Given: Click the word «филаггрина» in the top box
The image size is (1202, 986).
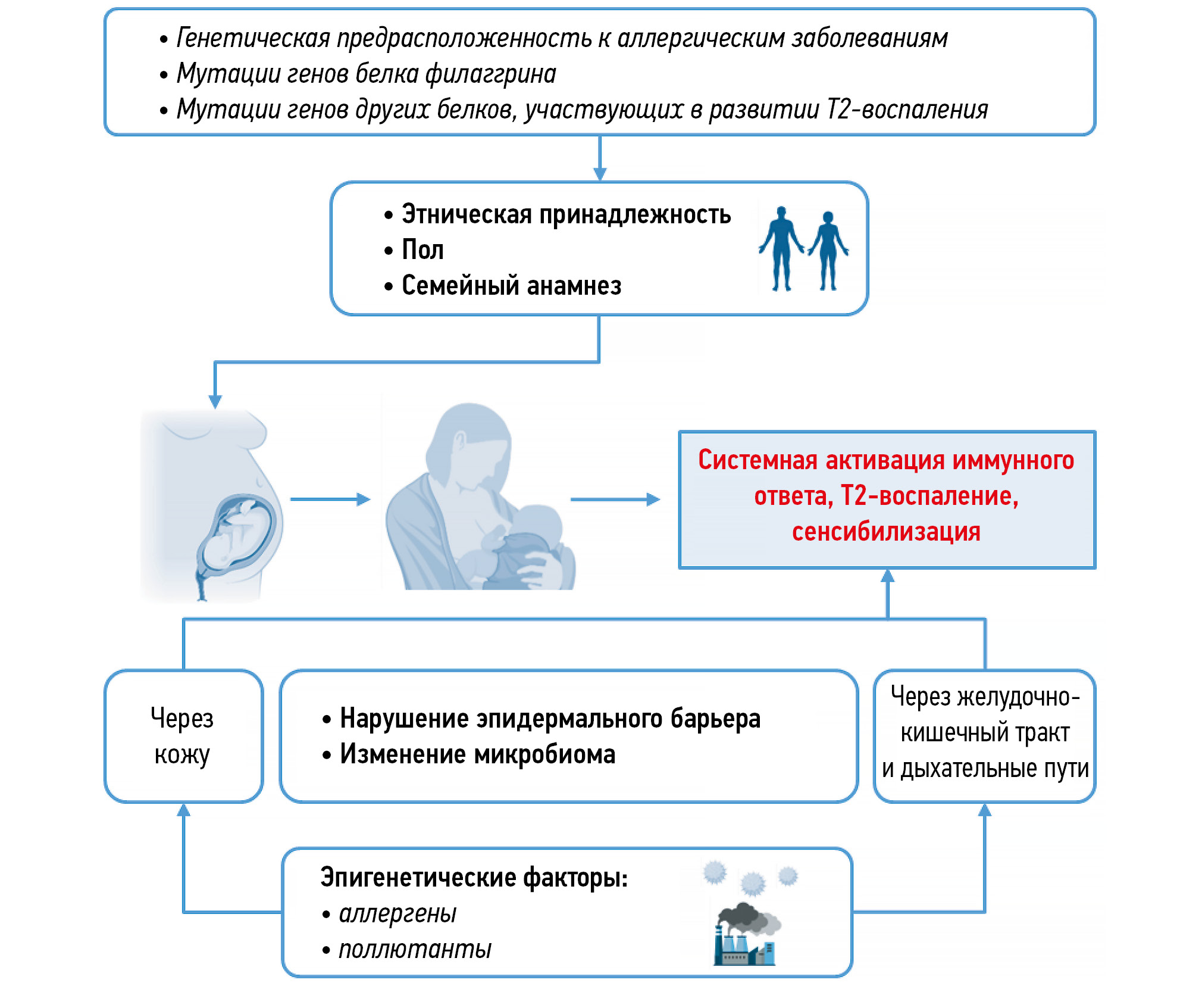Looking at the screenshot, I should [x=491, y=74].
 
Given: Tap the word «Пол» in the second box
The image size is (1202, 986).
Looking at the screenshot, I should [x=422, y=250].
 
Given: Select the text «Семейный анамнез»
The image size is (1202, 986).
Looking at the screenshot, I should [x=511, y=286].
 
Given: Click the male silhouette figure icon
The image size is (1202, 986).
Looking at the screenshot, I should [x=781, y=248].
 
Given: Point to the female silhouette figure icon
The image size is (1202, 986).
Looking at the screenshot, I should [x=828, y=250].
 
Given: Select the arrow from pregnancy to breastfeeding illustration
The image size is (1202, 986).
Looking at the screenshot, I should [x=330, y=499].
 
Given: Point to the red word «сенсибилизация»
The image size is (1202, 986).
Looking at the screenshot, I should [x=886, y=532].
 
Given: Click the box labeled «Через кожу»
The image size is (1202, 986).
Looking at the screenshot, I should [x=183, y=736].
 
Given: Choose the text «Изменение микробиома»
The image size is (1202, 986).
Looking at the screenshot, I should [x=477, y=754].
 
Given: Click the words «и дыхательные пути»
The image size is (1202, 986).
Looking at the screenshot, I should [x=985, y=769].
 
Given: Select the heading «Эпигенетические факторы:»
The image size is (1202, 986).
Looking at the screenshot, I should [x=474, y=878].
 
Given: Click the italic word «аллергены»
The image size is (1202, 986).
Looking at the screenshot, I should [x=397, y=913].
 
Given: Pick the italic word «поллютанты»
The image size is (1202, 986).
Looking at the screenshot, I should [x=415, y=949].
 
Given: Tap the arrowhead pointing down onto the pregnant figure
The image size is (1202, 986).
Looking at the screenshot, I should [x=215, y=401].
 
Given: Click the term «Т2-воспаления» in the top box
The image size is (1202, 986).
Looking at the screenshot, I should [x=907, y=110].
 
